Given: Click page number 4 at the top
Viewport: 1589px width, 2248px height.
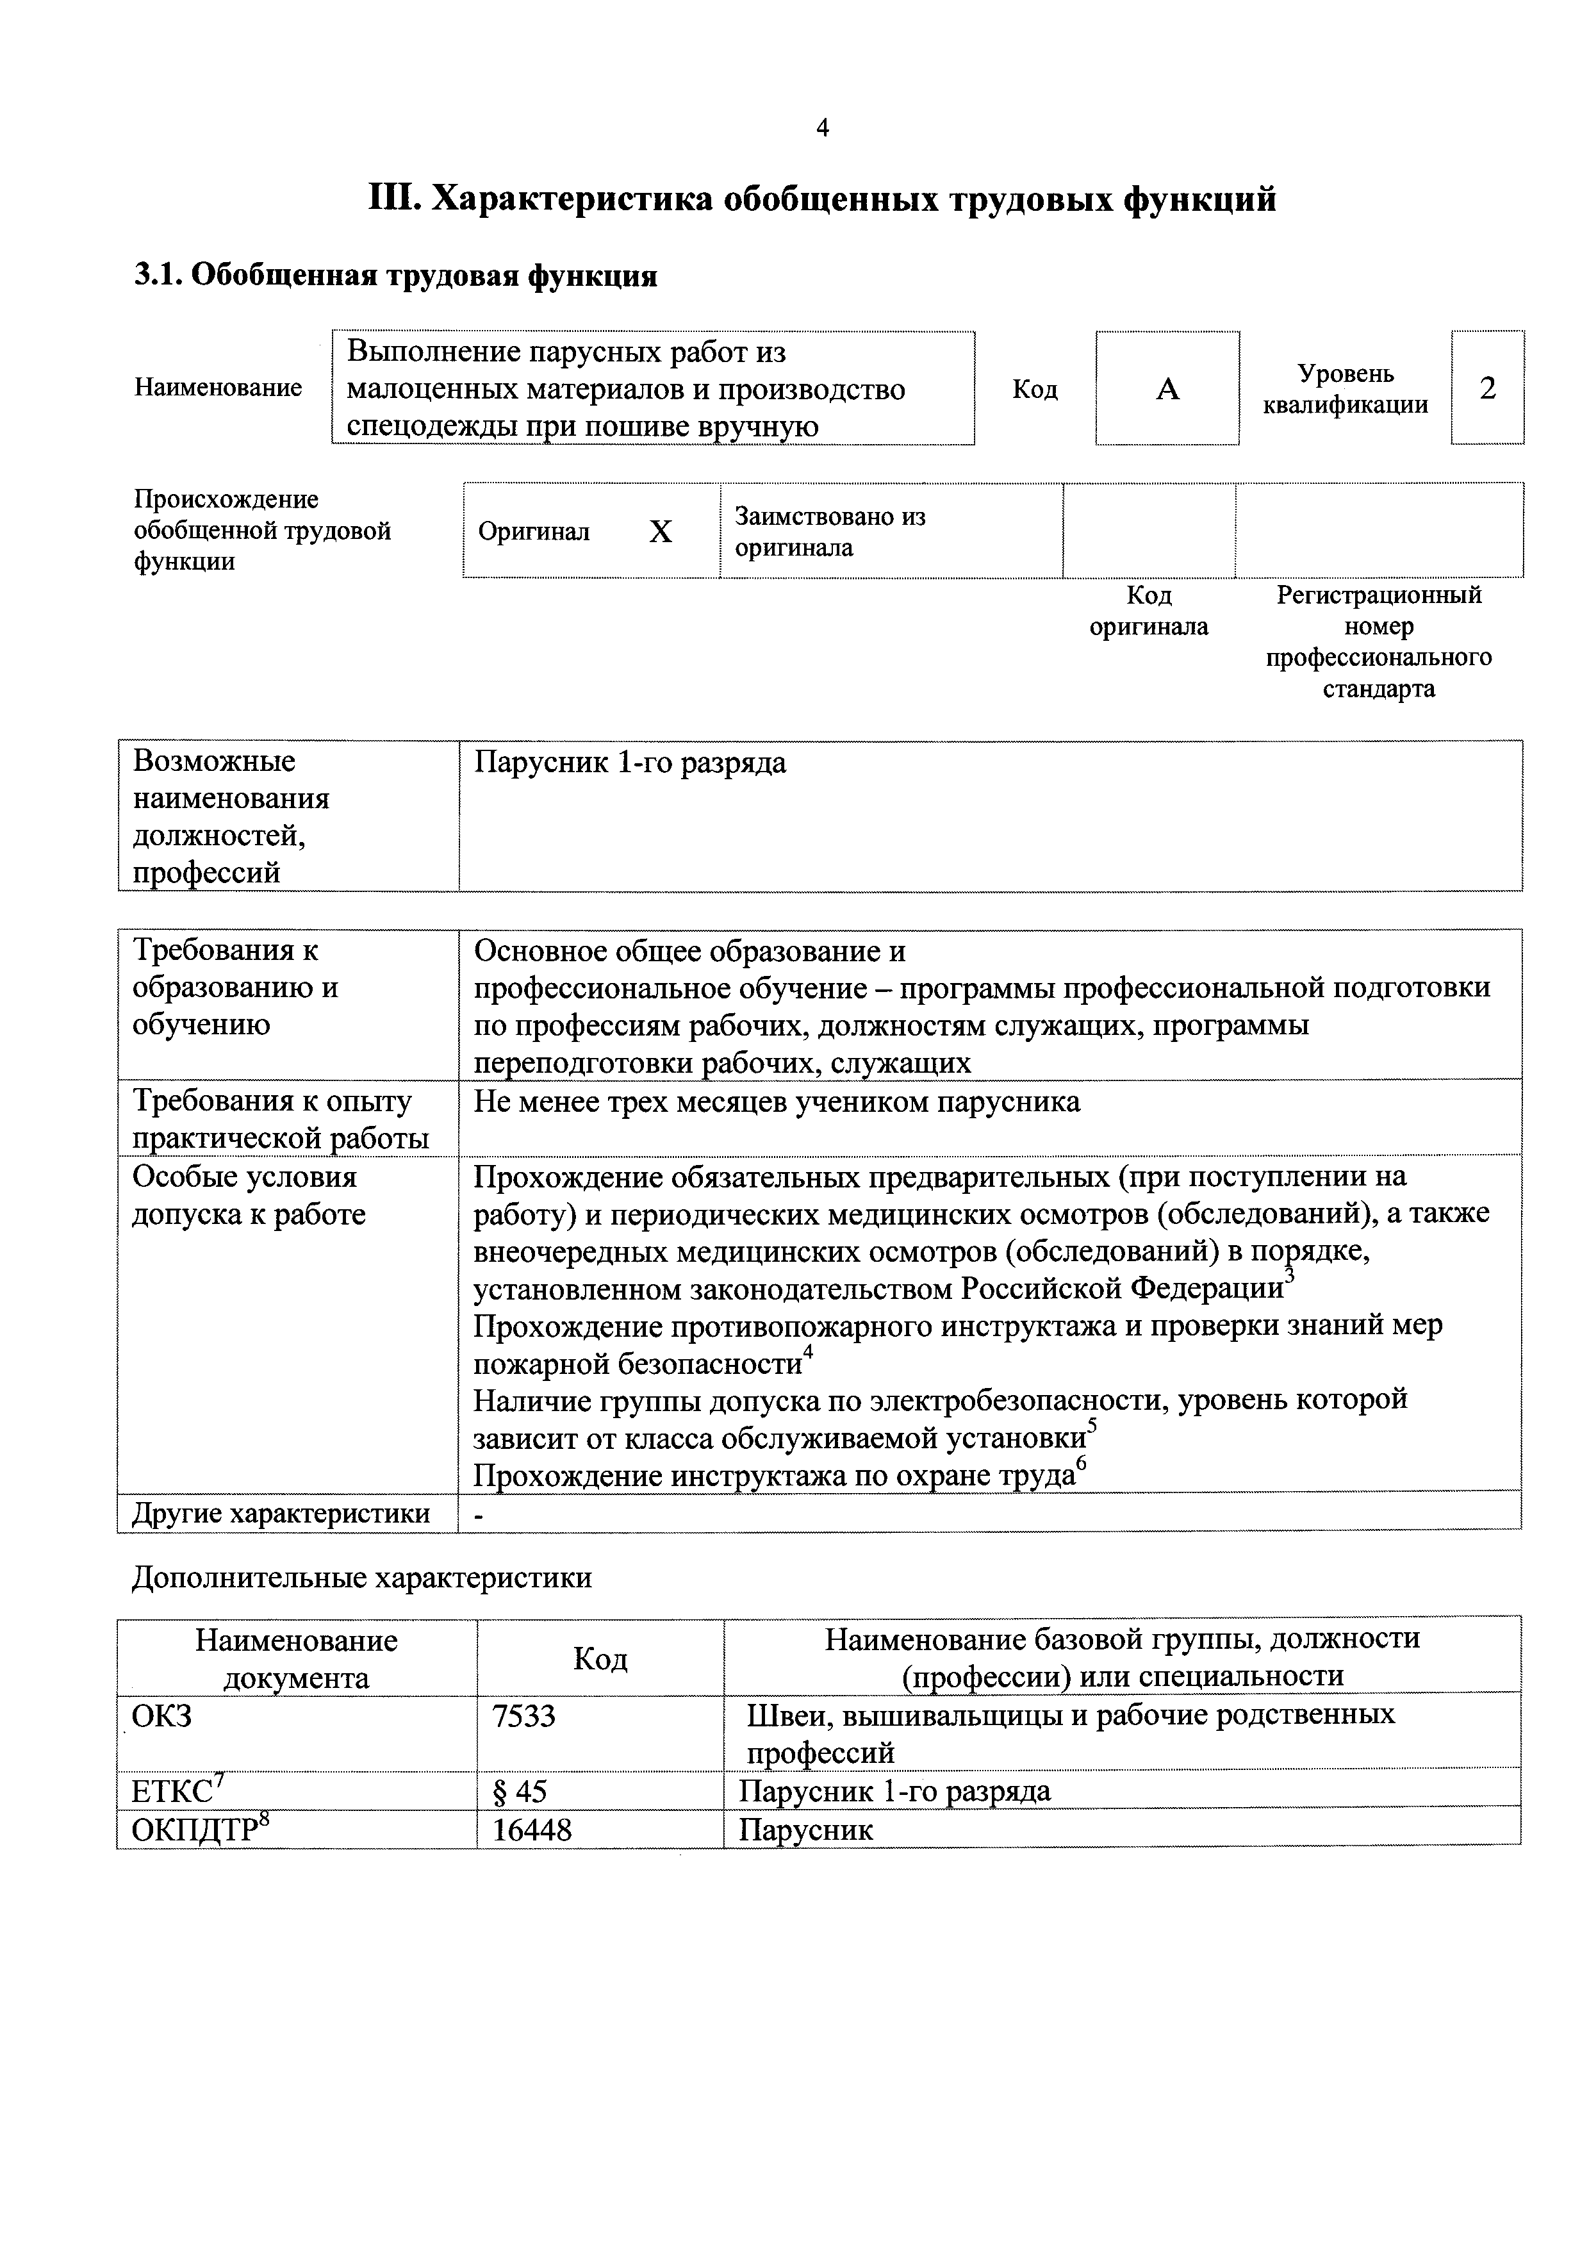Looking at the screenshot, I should [823, 128].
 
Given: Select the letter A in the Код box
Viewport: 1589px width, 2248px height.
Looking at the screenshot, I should [1167, 390].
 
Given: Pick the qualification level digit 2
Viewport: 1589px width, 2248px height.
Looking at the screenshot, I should [1487, 389].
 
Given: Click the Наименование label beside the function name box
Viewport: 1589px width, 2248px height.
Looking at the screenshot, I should [218, 388].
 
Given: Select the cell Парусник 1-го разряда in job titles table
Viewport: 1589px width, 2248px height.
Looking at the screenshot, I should [630, 763].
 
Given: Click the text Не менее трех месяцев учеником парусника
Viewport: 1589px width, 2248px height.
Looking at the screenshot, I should [777, 1102].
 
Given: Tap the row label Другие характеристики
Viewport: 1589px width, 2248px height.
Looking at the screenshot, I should [281, 1514].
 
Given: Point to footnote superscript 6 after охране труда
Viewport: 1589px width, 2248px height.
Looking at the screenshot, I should [1081, 1463].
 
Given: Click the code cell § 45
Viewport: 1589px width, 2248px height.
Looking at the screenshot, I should [520, 1792].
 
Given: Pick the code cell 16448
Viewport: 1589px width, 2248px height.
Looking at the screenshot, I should [532, 1830].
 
